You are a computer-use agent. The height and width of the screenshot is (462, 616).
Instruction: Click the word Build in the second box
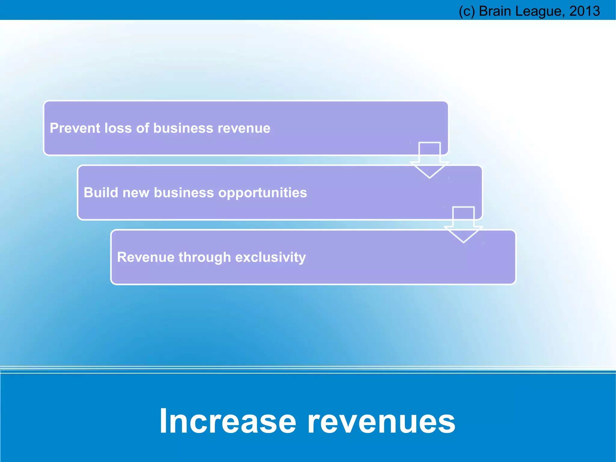pyautogui.click(x=101, y=193)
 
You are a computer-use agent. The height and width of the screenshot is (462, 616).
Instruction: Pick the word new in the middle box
pyautogui.click(x=136, y=193)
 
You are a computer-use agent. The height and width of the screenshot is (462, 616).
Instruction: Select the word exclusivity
pyautogui.click(x=270, y=258)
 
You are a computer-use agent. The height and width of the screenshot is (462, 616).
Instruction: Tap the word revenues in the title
pyautogui.click(x=381, y=421)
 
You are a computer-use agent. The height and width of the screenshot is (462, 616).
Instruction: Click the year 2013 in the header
pyautogui.click(x=584, y=11)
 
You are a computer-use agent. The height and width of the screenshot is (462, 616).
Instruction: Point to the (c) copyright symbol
pyautogui.click(x=467, y=11)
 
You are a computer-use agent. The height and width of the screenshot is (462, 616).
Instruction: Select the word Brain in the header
pyautogui.click(x=495, y=11)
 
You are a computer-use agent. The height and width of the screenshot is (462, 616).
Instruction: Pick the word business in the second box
pyautogui.click(x=184, y=193)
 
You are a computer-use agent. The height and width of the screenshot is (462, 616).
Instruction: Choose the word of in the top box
pyautogui.click(x=143, y=128)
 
